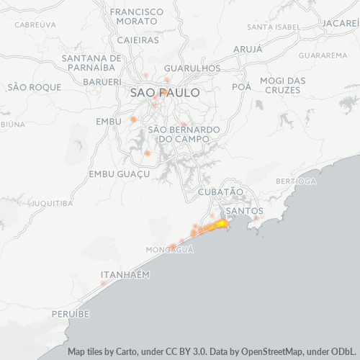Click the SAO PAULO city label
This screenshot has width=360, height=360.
pyautogui.click(x=165, y=93)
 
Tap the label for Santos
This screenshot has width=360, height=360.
pyautogui.click(x=245, y=211)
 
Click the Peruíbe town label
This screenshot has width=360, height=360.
pyautogui.click(x=70, y=315)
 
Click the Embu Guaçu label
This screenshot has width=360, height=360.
pyautogui.click(x=119, y=174)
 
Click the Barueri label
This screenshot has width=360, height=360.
pyautogui.click(x=102, y=82)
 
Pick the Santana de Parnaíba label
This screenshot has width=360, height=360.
pyautogui.click(x=91, y=63)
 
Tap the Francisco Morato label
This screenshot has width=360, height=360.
pyautogui.click(x=137, y=18)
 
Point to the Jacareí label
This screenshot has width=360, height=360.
pyautogui.click(x=341, y=23)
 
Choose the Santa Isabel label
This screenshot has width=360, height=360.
pyautogui.click(x=273, y=27)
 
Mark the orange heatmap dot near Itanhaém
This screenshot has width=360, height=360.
pyautogui.click(x=103, y=283)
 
